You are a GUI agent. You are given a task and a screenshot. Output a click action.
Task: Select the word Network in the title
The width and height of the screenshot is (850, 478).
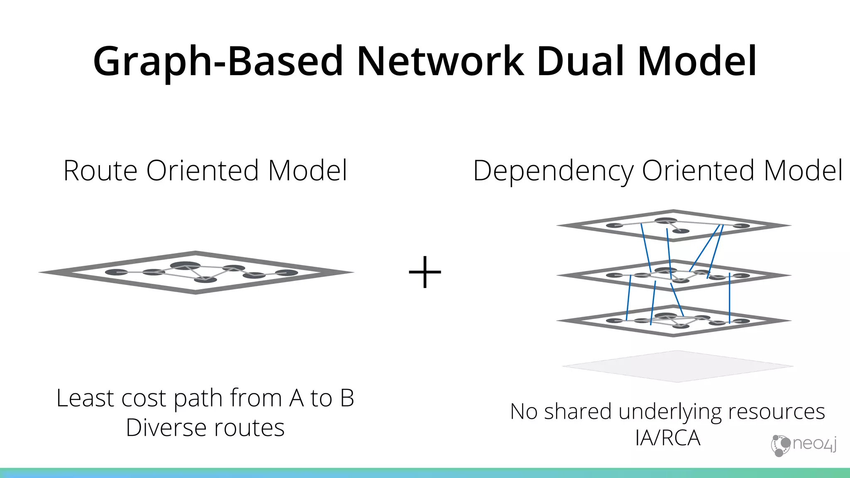[440, 61]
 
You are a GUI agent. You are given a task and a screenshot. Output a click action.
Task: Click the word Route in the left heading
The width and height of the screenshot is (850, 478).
[100, 171]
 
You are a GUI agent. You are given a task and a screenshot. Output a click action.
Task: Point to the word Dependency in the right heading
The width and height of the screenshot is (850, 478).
[552, 171]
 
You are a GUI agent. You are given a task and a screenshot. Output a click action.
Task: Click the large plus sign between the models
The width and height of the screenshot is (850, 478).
[425, 272]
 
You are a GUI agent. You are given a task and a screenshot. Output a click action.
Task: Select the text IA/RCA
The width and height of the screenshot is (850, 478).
[667, 438]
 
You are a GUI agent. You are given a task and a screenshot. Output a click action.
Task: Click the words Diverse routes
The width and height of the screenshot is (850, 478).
[205, 428]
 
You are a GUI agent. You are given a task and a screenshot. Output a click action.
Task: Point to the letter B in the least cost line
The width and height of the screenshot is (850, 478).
[347, 398]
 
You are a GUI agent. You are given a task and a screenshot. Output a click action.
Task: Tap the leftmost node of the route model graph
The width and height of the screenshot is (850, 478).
[116, 272]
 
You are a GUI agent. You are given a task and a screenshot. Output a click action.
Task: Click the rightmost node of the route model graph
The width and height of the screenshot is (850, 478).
[286, 273]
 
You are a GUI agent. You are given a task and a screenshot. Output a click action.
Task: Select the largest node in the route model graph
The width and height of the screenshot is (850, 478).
[185, 266]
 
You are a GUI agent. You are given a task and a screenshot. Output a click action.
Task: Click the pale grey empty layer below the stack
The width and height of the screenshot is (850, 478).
[677, 366]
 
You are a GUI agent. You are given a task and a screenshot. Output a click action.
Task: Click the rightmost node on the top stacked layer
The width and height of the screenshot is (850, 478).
[741, 226]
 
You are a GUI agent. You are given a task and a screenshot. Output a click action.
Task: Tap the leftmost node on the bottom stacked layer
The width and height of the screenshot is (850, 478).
[614, 321]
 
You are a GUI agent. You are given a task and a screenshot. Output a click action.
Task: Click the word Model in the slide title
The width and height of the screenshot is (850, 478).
[697, 61]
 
